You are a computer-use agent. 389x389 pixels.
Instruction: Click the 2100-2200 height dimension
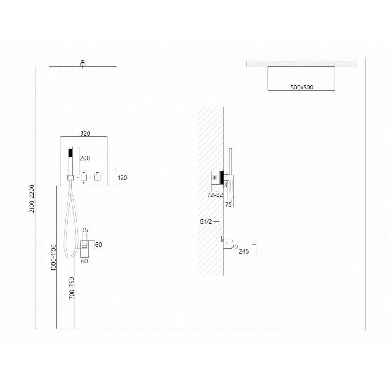[32, 199]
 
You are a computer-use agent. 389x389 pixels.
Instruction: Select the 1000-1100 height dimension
[54, 257]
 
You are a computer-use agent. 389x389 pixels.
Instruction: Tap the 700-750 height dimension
[72, 288]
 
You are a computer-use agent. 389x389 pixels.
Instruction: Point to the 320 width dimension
[85, 133]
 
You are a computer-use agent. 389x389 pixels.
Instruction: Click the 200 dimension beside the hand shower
[85, 158]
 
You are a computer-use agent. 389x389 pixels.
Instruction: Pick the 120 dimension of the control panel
[123, 178]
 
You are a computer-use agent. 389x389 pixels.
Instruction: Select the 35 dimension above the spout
[84, 230]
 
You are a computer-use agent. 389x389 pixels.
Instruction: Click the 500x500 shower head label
[302, 87]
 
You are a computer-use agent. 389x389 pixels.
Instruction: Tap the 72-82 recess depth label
[215, 195]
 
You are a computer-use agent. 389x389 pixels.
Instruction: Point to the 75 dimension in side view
[228, 204]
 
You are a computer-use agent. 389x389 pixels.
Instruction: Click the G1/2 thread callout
[206, 222]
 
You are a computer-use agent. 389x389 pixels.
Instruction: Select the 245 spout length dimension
[244, 251]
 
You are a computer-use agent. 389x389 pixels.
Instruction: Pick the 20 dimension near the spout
[234, 247]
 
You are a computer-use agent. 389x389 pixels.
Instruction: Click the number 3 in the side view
[226, 185]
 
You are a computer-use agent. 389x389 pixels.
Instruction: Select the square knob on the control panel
[84, 178]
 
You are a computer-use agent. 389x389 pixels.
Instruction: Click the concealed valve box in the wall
[216, 177]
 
